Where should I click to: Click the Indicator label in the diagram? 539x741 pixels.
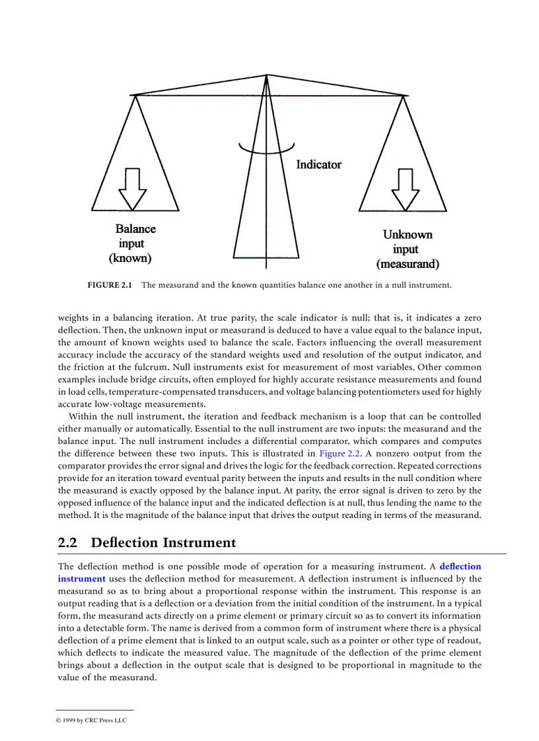tap(318, 164)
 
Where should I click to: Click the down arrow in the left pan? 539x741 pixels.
tap(132, 189)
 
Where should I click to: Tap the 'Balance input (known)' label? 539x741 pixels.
tap(135, 243)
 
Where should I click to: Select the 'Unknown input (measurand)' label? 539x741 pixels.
tap(408, 249)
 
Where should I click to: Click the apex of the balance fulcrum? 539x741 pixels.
tap(266, 75)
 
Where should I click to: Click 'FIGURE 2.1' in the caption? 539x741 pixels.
tap(110, 286)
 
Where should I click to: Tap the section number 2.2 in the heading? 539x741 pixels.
tap(68, 543)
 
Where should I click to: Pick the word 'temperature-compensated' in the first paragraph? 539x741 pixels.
tap(147, 391)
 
